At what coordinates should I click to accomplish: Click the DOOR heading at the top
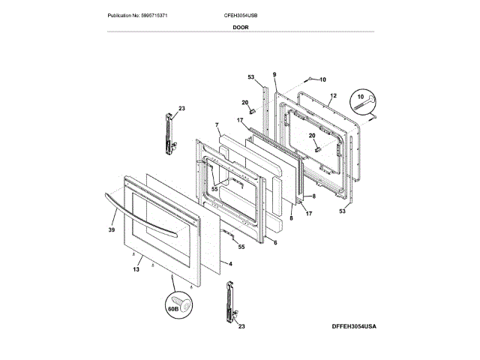(x=241, y=26)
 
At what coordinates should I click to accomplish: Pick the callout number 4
(x=230, y=263)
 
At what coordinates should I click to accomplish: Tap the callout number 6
(x=275, y=242)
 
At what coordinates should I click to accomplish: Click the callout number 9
(x=274, y=74)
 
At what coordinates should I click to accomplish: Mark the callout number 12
(x=334, y=96)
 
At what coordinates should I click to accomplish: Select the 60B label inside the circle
(x=172, y=307)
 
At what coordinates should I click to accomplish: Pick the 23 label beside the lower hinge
(x=241, y=326)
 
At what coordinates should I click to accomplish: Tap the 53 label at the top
(x=251, y=77)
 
